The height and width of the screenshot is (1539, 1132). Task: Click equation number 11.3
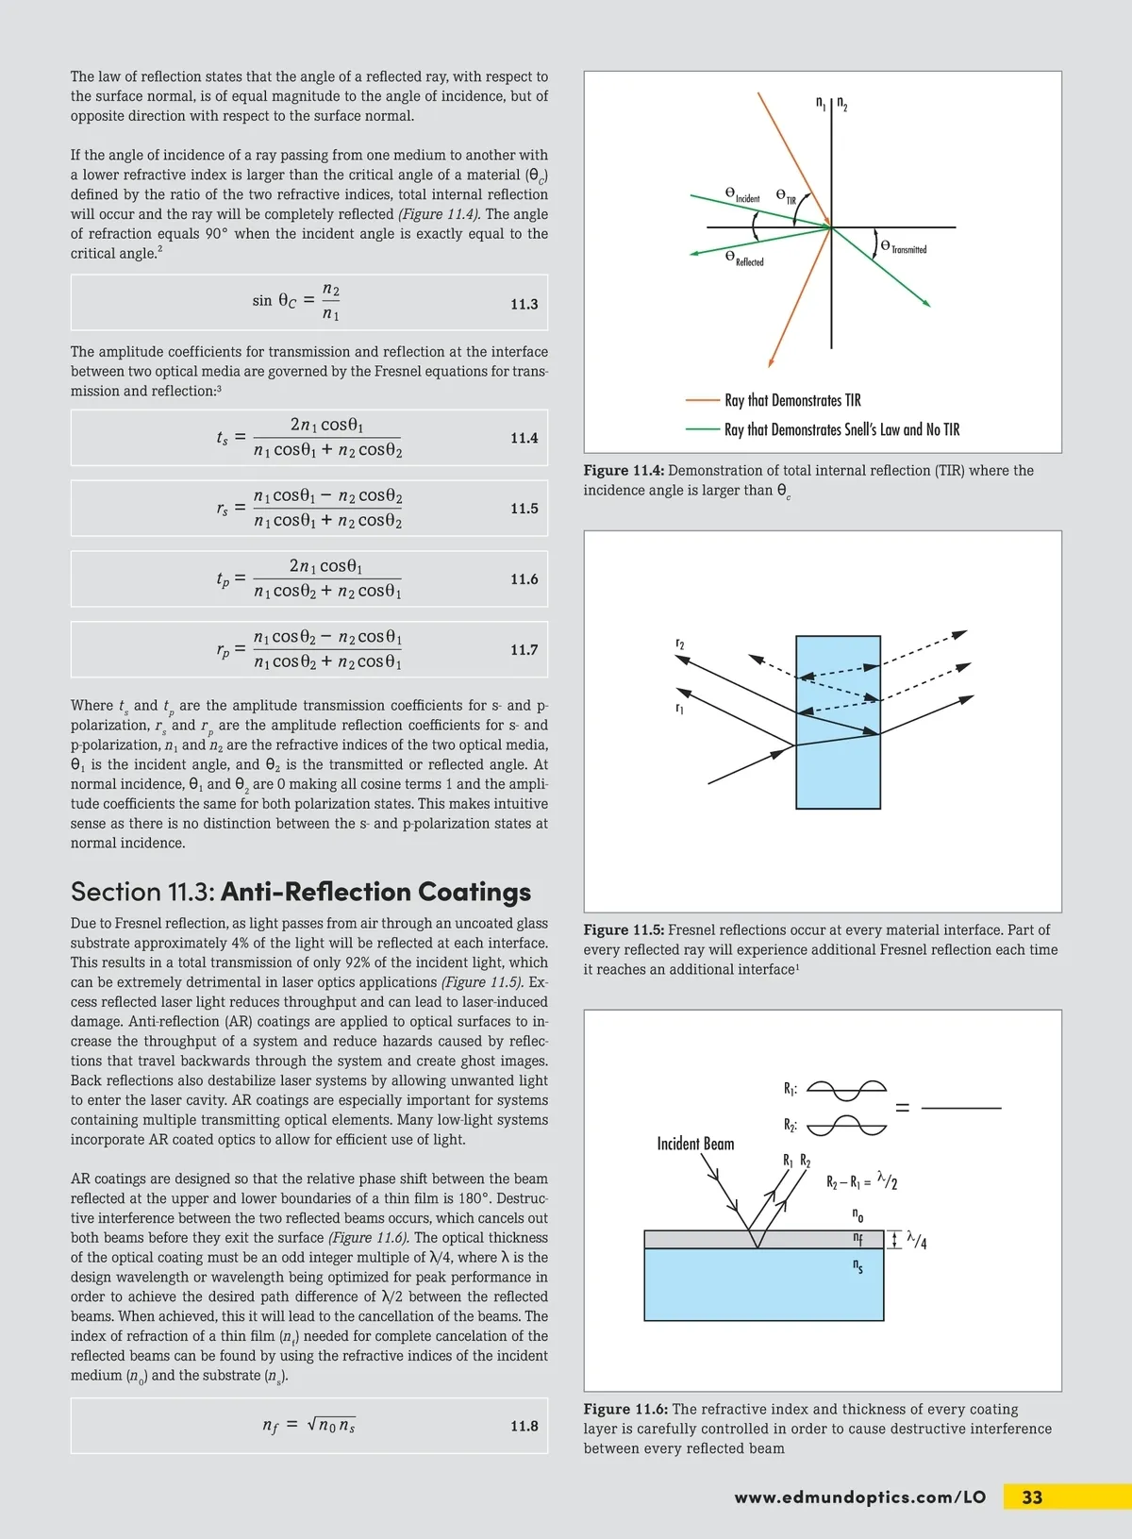(524, 304)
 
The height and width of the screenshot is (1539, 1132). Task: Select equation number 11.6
(524, 578)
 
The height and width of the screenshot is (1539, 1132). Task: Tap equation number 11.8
(524, 1426)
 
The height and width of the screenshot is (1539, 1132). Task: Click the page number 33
(1032, 1497)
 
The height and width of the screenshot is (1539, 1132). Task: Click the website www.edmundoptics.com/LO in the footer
(859, 1497)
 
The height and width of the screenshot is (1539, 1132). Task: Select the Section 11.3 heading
(300, 892)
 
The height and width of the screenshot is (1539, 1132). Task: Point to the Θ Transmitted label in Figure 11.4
(904, 247)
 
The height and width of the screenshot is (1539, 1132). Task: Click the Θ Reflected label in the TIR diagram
(744, 259)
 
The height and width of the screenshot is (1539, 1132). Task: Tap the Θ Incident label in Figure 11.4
(742, 194)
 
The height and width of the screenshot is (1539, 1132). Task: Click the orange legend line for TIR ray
(703, 400)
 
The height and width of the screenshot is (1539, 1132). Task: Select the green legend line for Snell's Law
(703, 429)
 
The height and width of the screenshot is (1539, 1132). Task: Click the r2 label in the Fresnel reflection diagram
(680, 644)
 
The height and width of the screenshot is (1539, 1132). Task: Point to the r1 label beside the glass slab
(679, 708)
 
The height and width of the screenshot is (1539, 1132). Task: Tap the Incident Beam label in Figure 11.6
(695, 1144)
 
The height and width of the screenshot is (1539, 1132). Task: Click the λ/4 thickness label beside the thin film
(916, 1240)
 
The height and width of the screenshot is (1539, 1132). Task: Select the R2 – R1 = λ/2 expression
(861, 1181)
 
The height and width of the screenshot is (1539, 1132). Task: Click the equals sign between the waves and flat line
(902, 1108)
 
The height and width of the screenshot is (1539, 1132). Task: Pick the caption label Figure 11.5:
(624, 930)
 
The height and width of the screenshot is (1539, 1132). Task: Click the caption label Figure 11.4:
(624, 471)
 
